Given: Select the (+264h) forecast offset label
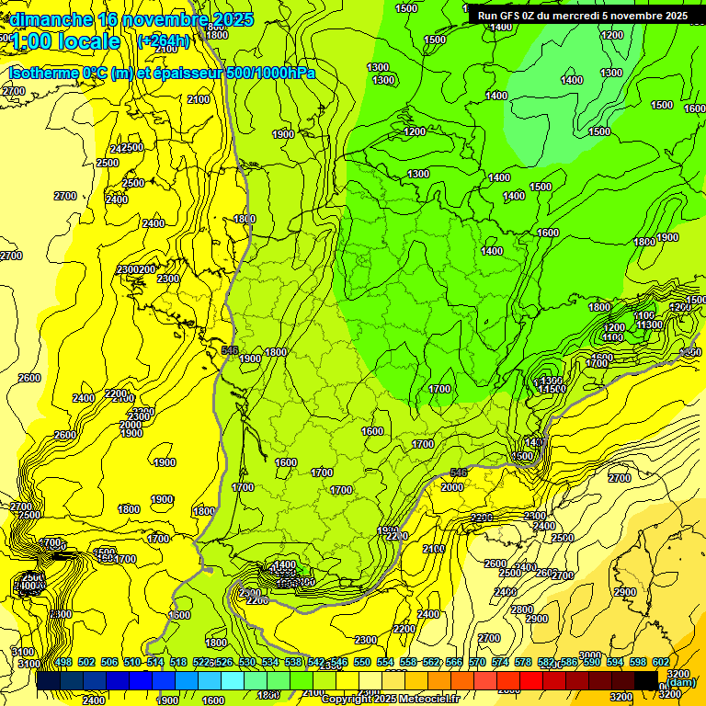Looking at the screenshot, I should coord(163,40).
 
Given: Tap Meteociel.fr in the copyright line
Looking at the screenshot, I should coord(426,699).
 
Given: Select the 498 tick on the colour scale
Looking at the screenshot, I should coord(63,663).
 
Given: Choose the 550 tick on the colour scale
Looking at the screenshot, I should coord(362,663).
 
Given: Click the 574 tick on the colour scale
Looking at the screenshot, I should coord(500,663).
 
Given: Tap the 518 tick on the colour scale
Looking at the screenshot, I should coord(178,663).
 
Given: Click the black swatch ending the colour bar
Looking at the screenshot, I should coord(646,679).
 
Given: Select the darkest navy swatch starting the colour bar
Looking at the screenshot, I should coord(49,679).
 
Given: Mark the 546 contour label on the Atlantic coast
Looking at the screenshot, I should coord(231,350).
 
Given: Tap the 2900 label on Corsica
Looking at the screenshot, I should coord(625,592).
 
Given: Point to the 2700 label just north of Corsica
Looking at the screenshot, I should coord(620,478).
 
